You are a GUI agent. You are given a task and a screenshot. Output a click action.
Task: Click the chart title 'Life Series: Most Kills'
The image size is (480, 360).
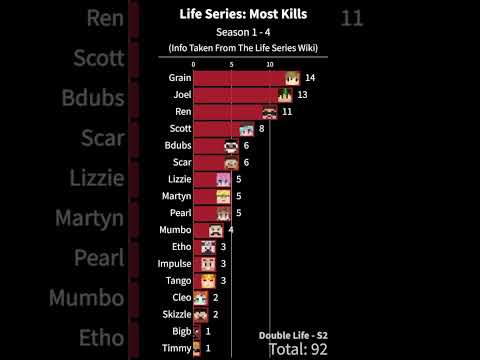[240, 14]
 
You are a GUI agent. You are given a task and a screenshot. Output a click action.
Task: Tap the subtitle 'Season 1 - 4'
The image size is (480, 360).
[240, 32]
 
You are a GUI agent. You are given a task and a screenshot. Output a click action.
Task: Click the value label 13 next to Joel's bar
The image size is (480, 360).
[302, 95]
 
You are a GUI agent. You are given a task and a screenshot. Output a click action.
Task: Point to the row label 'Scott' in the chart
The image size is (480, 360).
[180, 129]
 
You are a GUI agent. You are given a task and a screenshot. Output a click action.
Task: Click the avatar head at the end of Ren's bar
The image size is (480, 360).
[270, 112]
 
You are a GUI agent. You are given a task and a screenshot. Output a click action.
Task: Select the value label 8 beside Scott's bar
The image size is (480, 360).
[261, 129]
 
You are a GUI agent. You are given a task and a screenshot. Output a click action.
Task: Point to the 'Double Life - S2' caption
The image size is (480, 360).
[290, 333]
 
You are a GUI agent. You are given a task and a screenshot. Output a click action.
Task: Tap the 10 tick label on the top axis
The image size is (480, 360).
[270, 64]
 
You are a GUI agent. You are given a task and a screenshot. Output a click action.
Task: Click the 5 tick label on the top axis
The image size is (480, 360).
[231, 64]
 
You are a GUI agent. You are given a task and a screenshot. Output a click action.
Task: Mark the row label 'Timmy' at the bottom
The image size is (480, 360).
[177, 348]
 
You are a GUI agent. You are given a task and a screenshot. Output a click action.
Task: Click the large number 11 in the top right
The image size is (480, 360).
[352, 18]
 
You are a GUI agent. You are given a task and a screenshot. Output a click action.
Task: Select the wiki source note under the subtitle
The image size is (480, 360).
[240, 48]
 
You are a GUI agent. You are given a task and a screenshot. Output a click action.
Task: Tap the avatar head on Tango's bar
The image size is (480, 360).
[208, 281]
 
